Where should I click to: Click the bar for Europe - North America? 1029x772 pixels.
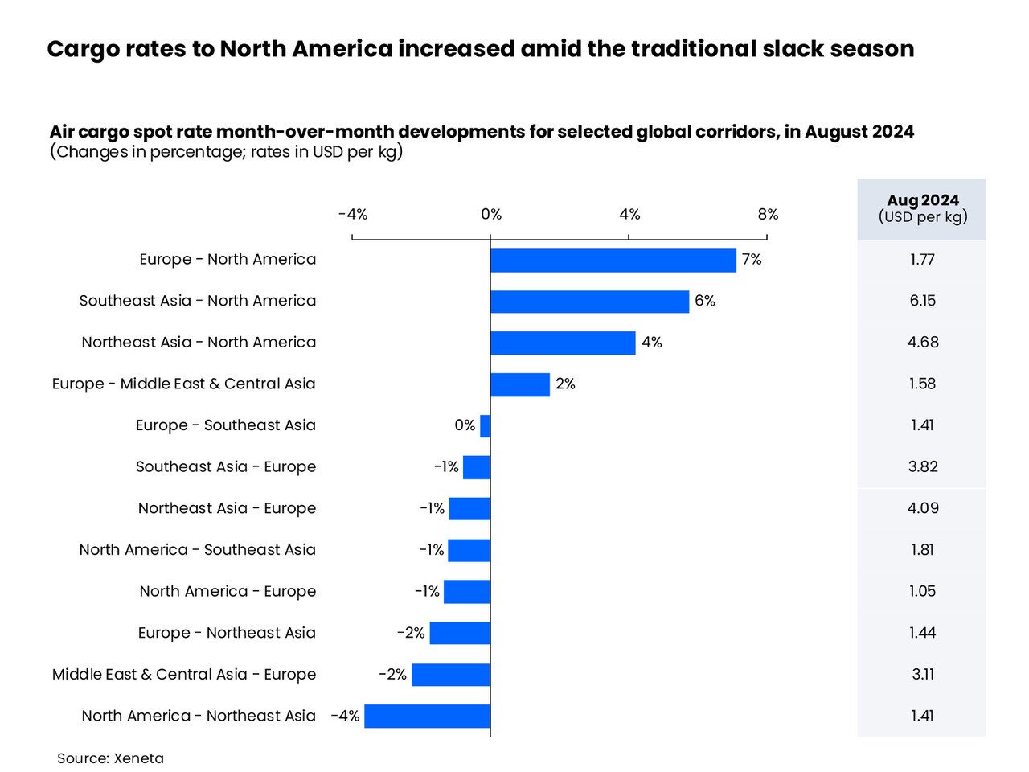[x=613, y=261]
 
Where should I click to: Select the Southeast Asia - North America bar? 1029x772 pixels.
[x=589, y=302]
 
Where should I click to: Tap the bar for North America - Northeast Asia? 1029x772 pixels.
[x=427, y=717]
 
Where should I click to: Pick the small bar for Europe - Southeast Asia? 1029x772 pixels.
[x=485, y=426]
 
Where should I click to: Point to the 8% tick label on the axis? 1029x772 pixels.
[x=768, y=214]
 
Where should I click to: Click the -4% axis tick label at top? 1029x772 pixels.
[x=353, y=214]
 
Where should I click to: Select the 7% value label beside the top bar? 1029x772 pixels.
[x=752, y=260]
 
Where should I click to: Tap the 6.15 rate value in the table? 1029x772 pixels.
[x=922, y=301]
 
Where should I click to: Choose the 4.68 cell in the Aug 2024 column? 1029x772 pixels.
[x=922, y=343]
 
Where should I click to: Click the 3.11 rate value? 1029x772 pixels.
[x=922, y=675]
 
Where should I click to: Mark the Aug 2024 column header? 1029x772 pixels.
[x=922, y=208]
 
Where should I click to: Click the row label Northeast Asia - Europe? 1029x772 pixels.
[x=227, y=508]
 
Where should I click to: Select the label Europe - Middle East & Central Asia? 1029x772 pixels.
[x=184, y=384]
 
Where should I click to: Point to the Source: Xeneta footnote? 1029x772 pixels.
[x=110, y=758]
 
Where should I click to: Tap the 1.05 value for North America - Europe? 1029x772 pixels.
[x=922, y=592]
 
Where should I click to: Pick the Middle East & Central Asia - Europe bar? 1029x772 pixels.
[x=450, y=675]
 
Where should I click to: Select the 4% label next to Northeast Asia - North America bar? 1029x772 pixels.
[x=652, y=343]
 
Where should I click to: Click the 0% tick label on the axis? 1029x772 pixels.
[x=491, y=214]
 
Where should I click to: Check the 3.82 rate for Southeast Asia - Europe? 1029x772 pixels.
[x=922, y=467]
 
